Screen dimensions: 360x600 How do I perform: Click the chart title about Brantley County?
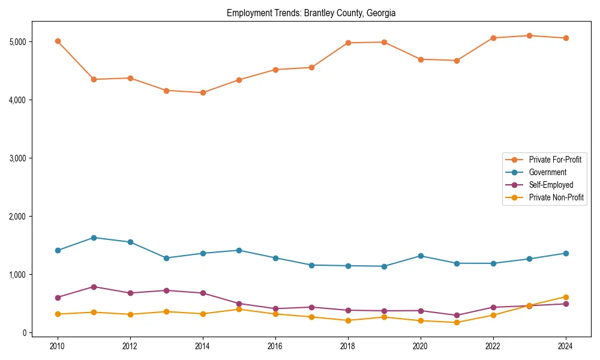pyautogui.click(x=311, y=13)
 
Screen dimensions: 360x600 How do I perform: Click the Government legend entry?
pyautogui.click(x=547, y=172)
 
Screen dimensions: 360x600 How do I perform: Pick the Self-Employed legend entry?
pyautogui.click(x=551, y=185)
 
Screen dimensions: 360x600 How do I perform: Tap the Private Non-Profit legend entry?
pyautogui.click(x=556, y=197)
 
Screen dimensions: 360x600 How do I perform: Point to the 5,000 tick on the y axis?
pyautogui.click(x=18, y=42)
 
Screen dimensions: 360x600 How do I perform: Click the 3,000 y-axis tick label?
pyautogui.click(x=18, y=158)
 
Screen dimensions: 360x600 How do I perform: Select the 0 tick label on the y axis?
pyautogui.click(x=24, y=333)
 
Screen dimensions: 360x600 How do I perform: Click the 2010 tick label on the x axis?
pyautogui.click(x=58, y=346)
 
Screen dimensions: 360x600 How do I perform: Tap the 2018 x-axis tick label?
pyautogui.click(x=348, y=346)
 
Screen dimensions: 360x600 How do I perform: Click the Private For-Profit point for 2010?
pyautogui.click(x=58, y=41)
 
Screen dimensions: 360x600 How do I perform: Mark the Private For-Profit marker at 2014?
pyautogui.click(x=203, y=92)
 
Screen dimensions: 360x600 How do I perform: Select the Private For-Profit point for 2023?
pyautogui.click(x=529, y=35)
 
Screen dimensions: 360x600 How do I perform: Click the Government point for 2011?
pyautogui.click(x=94, y=238)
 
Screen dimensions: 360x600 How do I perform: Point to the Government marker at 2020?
pyautogui.click(x=421, y=256)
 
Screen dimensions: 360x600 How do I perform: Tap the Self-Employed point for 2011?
pyautogui.click(x=94, y=287)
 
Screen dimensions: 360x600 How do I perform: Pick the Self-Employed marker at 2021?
pyautogui.click(x=457, y=315)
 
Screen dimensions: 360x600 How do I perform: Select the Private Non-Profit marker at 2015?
pyautogui.click(x=239, y=309)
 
